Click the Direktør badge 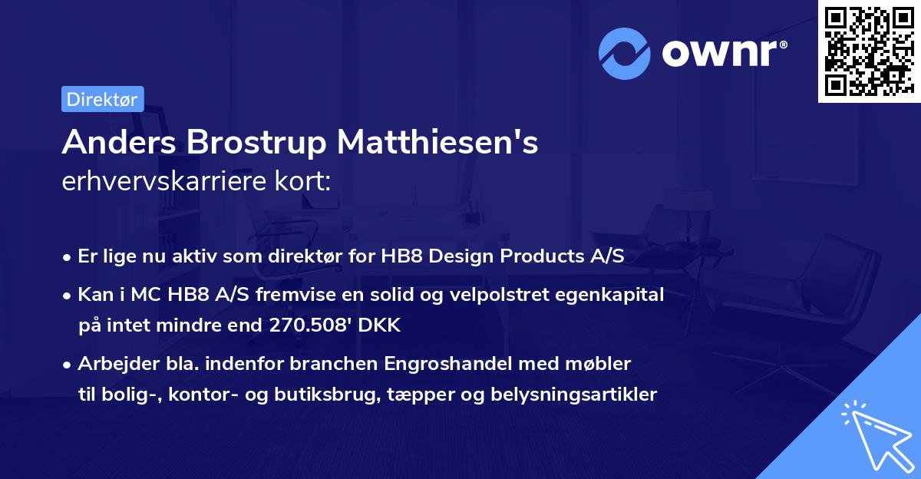click(102, 99)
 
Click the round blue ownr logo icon click(625, 52)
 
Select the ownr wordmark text click(723, 52)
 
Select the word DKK click(381, 325)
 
